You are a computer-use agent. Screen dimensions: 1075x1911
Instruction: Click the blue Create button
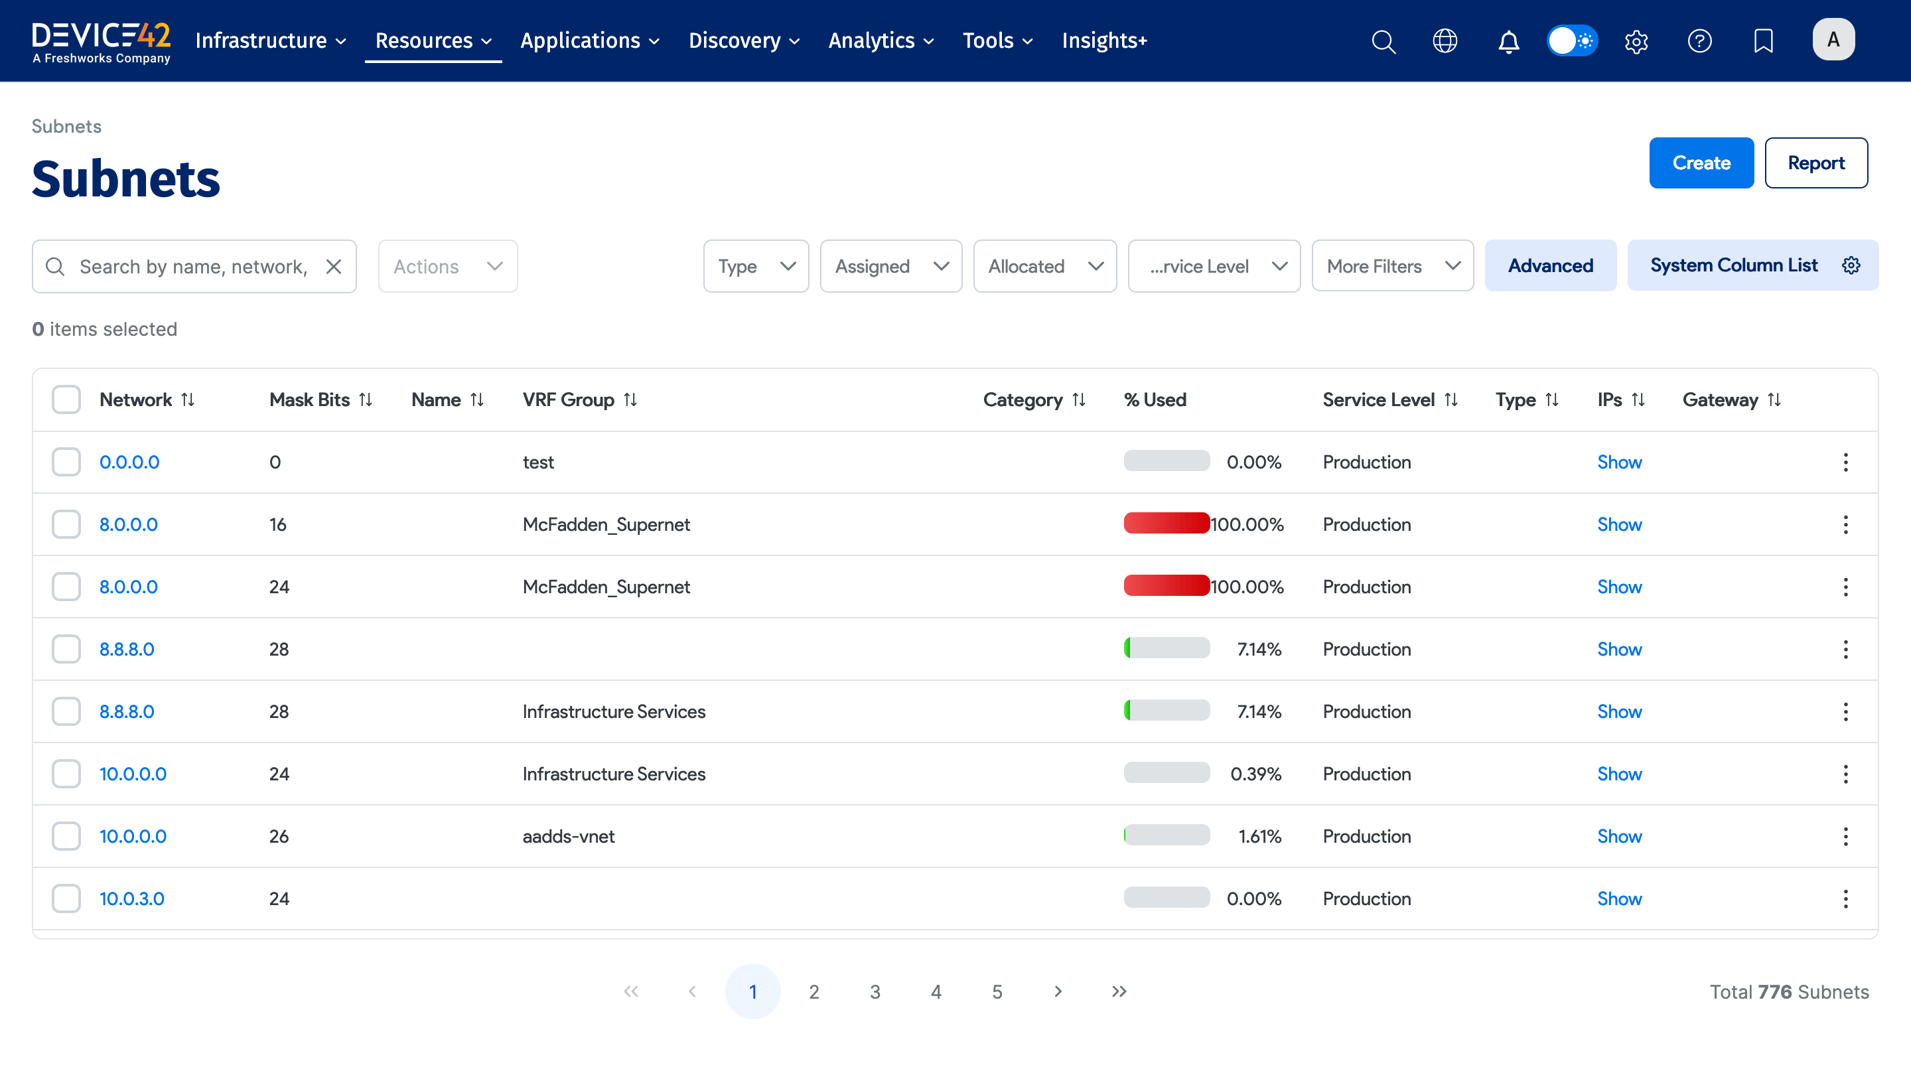[x=1700, y=163]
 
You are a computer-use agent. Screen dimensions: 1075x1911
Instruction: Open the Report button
[x=1815, y=163]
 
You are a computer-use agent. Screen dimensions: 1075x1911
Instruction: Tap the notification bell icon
[x=1508, y=40]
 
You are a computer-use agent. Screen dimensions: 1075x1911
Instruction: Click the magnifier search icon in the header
[x=1383, y=40]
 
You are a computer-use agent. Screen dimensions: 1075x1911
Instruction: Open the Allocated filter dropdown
[x=1044, y=265]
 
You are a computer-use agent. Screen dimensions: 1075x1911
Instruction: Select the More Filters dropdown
[x=1391, y=265]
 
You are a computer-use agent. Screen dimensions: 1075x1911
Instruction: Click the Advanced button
[x=1550, y=265]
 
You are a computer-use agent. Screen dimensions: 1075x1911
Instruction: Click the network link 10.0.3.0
[x=132, y=898]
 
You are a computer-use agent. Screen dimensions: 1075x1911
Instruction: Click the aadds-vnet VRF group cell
[x=568, y=836]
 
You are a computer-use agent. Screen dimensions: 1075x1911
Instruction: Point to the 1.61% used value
[x=1259, y=836]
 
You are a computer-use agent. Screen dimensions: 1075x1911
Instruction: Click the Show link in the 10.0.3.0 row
[x=1619, y=898]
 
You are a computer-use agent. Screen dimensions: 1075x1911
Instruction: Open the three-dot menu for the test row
[x=1845, y=463]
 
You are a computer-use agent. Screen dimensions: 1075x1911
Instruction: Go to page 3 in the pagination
[x=875, y=992]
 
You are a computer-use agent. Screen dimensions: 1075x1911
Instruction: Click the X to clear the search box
[x=334, y=266]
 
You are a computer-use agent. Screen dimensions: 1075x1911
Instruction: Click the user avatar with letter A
[x=1832, y=40]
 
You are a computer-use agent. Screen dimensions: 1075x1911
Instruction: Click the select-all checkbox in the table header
[x=66, y=400]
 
